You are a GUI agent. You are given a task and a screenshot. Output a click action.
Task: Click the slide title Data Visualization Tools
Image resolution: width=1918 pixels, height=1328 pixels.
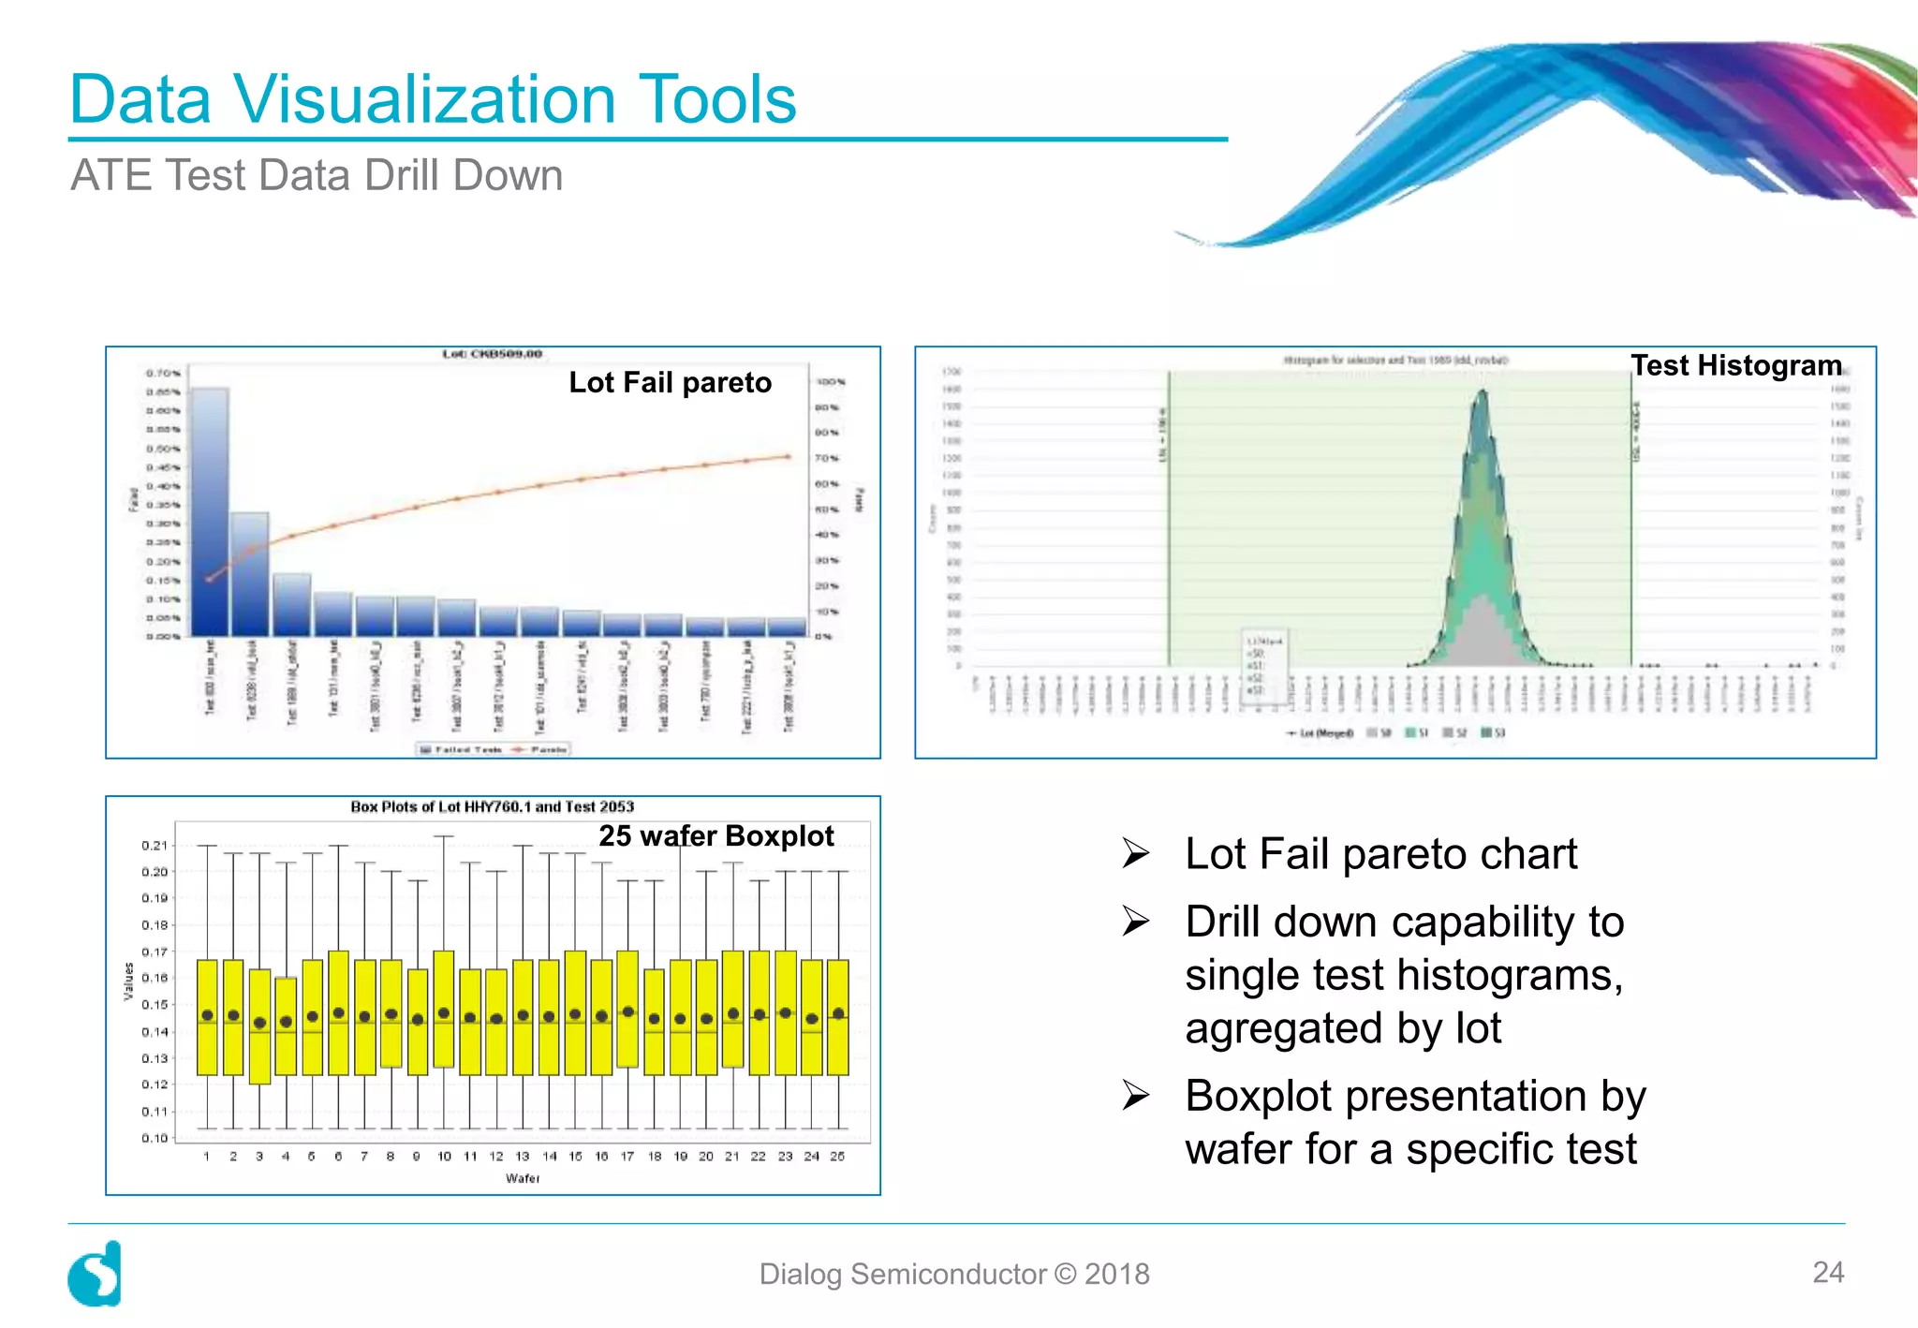click(433, 99)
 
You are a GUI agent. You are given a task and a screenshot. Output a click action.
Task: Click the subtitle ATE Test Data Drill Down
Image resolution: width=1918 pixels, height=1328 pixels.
click(317, 176)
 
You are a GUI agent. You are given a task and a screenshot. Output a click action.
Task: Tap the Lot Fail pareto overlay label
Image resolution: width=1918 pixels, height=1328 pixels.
click(670, 382)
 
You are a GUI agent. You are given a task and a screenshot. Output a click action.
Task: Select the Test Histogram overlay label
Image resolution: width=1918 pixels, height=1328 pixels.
click(1735, 365)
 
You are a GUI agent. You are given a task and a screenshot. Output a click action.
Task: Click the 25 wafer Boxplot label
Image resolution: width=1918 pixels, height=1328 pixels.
click(716, 835)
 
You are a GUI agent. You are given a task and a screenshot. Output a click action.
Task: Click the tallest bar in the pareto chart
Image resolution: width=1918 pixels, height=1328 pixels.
click(210, 510)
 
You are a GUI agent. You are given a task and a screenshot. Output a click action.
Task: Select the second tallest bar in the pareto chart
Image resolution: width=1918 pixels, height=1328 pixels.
click(250, 573)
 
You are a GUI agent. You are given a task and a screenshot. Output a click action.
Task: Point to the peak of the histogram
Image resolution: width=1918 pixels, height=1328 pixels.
click(1482, 393)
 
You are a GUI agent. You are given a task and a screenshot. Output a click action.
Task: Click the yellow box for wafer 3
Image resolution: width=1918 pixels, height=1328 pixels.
click(259, 1026)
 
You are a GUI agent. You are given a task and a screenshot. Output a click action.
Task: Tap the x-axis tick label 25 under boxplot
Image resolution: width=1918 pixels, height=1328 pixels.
click(837, 1157)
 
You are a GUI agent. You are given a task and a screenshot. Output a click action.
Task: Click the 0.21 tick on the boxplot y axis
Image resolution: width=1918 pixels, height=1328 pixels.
click(155, 845)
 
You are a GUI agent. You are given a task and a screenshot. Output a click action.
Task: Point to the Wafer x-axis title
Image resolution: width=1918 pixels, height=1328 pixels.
click(523, 1178)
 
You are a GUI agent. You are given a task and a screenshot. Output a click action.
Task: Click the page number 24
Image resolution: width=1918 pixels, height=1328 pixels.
click(1827, 1272)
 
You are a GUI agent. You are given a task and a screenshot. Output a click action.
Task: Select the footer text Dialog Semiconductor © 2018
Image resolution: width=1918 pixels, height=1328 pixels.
click(953, 1274)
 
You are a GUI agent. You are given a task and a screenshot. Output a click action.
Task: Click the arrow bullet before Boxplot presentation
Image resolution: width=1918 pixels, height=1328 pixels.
click(1135, 1095)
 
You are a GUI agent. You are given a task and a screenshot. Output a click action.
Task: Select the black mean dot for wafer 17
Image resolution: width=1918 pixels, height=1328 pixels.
click(627, 1011)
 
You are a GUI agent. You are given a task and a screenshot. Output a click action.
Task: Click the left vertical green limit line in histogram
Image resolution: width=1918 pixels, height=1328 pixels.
click(1169, 520)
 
